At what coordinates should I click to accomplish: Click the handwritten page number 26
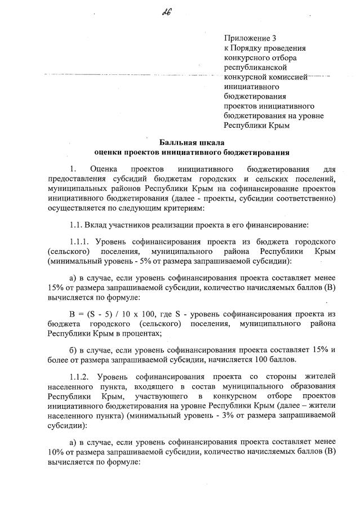(182, 13)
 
